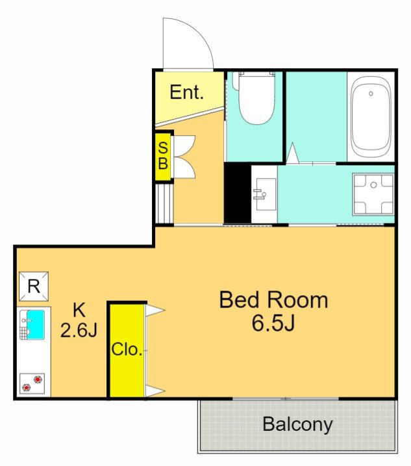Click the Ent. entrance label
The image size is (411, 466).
pos(186,92)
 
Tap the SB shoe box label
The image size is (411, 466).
pos(163,155)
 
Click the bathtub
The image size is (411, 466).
pos(371,117)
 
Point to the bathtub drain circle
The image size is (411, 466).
pos(371,94)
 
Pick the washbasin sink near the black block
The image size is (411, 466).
pos(264,194)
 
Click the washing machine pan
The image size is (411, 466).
pos(373,194)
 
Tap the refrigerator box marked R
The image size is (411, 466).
pos(34,286)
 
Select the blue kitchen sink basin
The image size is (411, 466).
pos(36,325)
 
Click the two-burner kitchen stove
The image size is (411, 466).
pos(32,383)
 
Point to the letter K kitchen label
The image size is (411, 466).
pos(79,309)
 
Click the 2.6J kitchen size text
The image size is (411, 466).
pos(79,330)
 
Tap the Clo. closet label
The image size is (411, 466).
pos(127,350)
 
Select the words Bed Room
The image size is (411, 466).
pos(273,300)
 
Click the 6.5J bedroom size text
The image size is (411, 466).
pos(273,323)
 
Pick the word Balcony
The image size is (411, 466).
pos(297,424)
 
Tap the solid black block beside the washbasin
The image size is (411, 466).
pos(238,193)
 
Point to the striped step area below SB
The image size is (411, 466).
pos(164,203)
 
